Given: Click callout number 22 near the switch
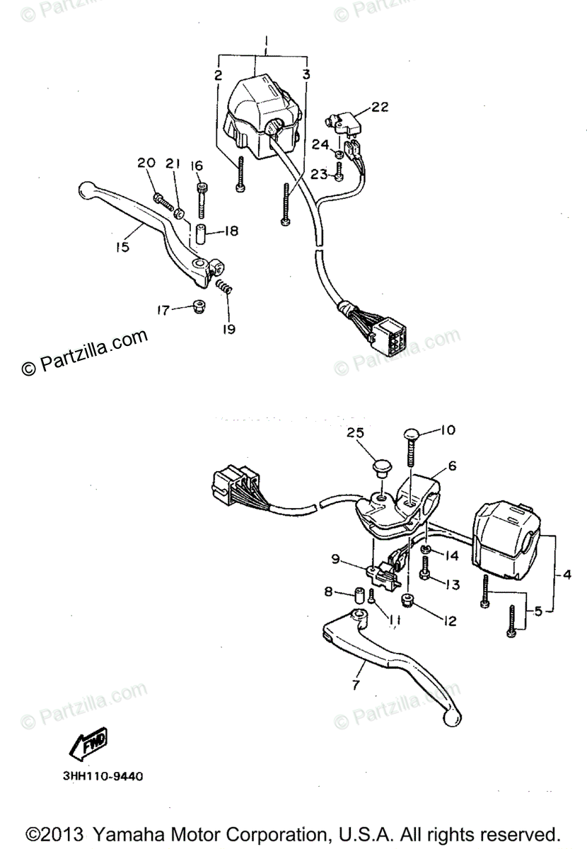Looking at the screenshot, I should point(380,107).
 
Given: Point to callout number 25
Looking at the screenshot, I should point(356,432).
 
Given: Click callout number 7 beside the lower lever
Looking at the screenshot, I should point(356,685).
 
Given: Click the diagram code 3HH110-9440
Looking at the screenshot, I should point(103,776).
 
